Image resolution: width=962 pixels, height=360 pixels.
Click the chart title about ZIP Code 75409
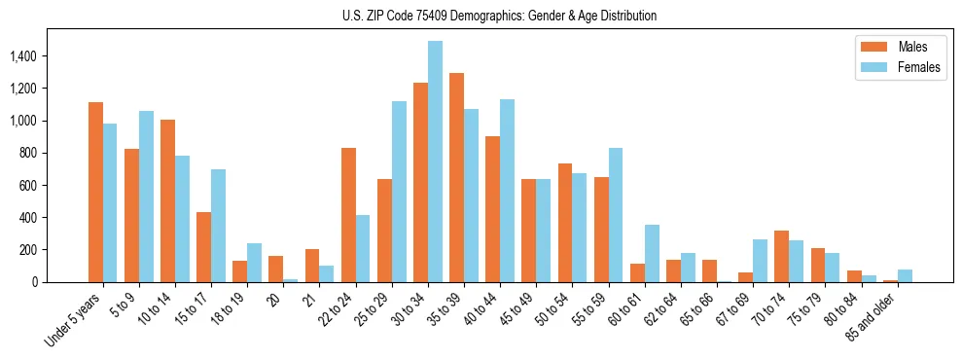(x=499, y=16)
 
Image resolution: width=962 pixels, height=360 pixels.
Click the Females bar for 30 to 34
(x=435, y=162)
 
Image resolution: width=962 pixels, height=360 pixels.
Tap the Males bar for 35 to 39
(x=456, y=178)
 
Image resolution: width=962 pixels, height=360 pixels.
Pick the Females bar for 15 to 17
(x=218, y=226)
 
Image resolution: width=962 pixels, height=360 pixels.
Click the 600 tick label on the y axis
(x=53, y=185)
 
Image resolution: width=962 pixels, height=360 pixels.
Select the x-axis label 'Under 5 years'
(x=75, y=318)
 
